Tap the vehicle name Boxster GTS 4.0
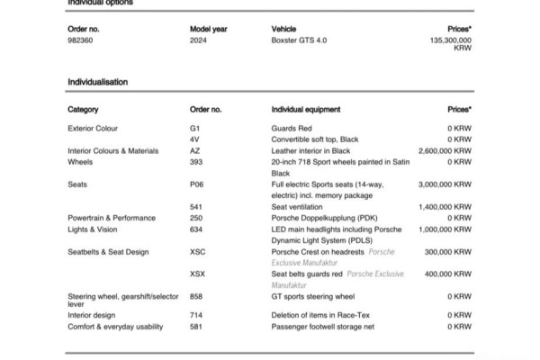pyautogui.click(x=301, y=40)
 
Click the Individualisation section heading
pyautogui.click(x=98, y=82)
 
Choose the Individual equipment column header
pyautogui.click(x=305, y=110)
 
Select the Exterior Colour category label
pyautogui.click(x=92, y=129)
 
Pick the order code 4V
pyautogui.click(x=194, y=139)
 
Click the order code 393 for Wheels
pyautogui.click(x=196, y=162)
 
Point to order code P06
pyautogui.click(x=197, y=184)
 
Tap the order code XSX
pyautogui.click(x=198, y=273)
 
